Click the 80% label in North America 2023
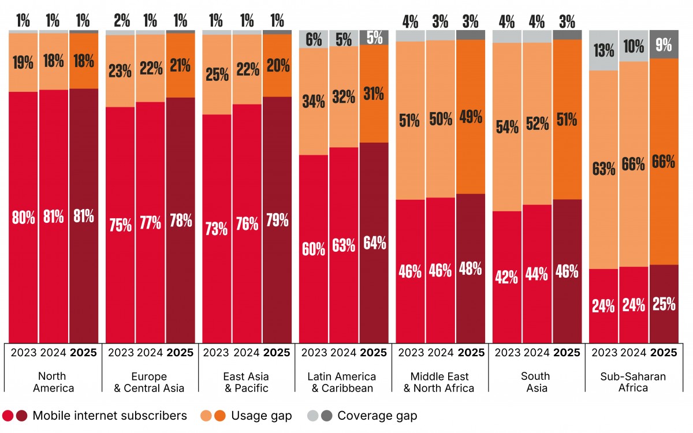[x=24, y=217]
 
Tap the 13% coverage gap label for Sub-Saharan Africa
[x=603, y=50]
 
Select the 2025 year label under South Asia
[x=567, y=353]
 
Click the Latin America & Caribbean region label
[x=342, y=382]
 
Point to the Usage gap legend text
[x=262, y=416]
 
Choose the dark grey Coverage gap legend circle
[x=326, y=416]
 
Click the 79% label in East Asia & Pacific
[x=277, y=220]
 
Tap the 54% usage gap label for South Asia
[x=507, y=127]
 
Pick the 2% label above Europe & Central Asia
[x=122, y=21]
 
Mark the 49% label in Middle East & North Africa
[x=471, y=117]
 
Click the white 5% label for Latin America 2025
[x=374, y=38]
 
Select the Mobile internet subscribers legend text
[x=110, y=416]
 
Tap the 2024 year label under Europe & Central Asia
[x=150, y=353]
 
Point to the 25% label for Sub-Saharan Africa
[x=664, y=304]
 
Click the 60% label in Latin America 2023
[x=314, y=249]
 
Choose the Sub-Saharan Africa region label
[x=633, y=382]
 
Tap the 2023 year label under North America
[x=24, y=353]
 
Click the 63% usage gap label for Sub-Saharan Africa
[x=603, y=169]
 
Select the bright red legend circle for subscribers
[x=8, y=416]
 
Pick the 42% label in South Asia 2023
[x=506, y=277]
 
